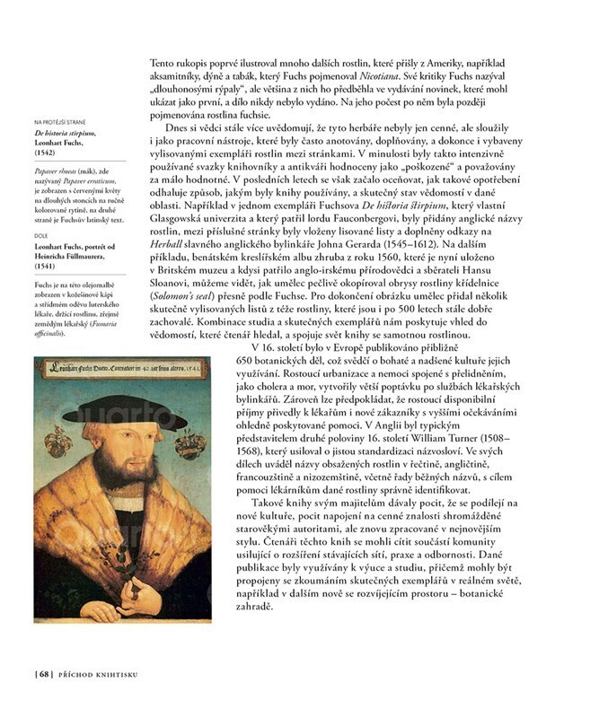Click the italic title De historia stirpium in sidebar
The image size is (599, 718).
click(x=63, y=133)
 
